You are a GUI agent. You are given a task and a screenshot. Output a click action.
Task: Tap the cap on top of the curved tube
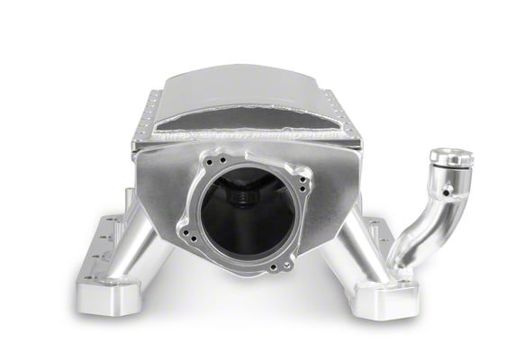[451, 157]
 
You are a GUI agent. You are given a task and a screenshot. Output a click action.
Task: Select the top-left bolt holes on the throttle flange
[209, 162]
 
